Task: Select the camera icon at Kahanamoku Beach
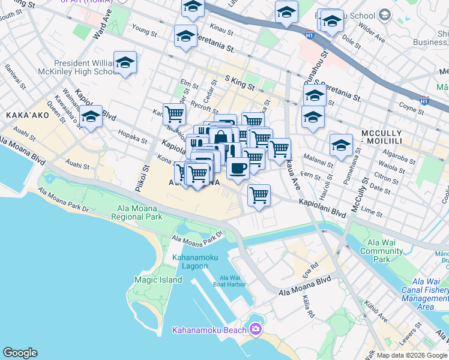click(256, 329)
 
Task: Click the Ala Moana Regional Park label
click(137, 212)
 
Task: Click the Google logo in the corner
click(20, 353)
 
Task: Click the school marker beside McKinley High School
click(125, 62)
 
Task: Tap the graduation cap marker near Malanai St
click(341, 145)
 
